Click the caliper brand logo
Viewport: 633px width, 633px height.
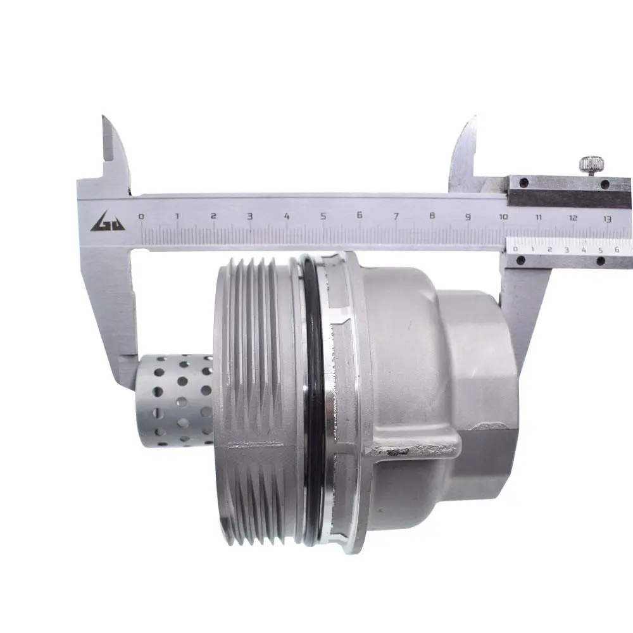(108, 221)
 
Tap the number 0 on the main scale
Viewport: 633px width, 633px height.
(141, 216)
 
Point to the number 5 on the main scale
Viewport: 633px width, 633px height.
(323, 216)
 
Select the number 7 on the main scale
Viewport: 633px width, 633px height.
(396, 216)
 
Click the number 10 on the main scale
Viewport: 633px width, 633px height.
(503, 216)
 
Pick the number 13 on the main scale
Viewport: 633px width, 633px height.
(607, 219)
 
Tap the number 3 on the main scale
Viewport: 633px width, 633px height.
(250, 216)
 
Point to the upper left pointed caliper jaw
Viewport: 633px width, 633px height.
(115, 153)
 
